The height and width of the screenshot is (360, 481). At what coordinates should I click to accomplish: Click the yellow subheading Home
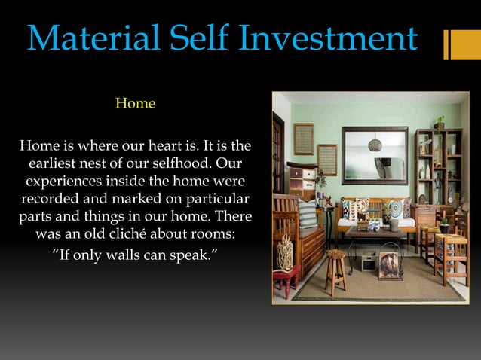pyautogui.click(x=135, y=103)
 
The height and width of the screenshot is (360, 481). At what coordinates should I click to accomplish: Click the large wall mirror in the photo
pyautogui.click(x=375, y=155)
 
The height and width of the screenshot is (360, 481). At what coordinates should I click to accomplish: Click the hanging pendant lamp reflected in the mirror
pyautogui.click(x=375, y=143)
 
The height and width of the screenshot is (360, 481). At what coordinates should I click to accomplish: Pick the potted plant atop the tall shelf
pyautogui.click(x=440, y=121)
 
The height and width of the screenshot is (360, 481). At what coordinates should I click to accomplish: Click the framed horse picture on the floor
pyautogui.click(x=389, y=265)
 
